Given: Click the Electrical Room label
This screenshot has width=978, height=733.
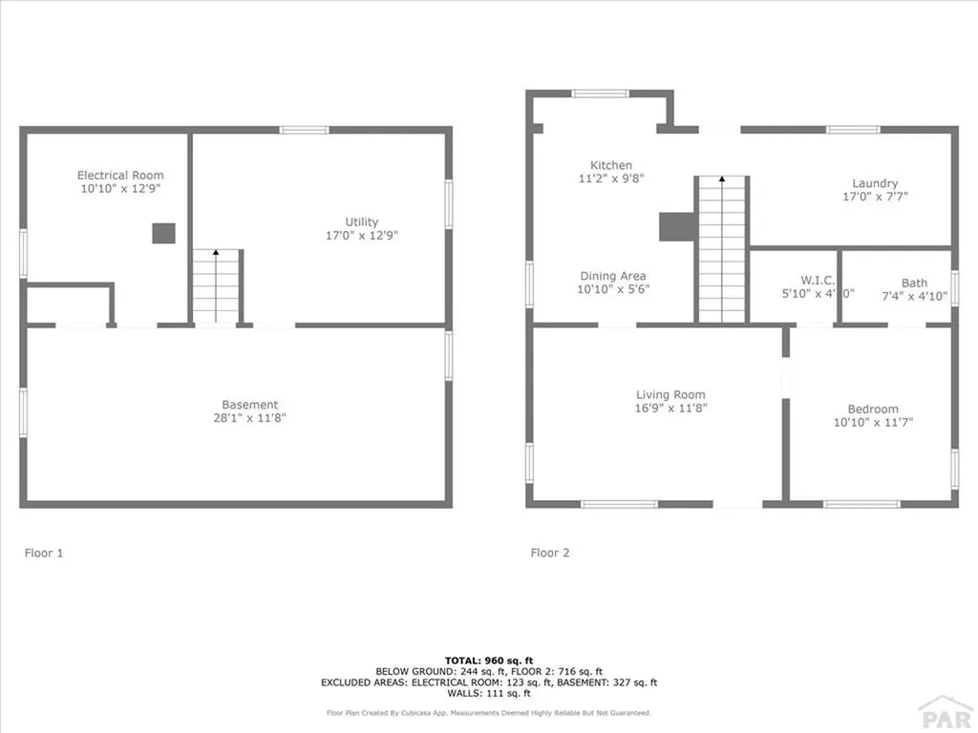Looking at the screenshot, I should tap(120, 176).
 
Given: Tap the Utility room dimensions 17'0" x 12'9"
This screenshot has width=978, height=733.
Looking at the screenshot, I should tap(362, 235).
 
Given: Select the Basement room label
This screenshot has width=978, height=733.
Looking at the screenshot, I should tap(250, 405).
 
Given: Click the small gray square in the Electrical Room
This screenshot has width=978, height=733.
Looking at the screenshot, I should tap(164, 234).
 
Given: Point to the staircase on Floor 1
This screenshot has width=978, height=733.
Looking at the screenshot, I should tap(216, 285).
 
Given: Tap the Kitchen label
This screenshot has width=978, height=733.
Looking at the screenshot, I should tap(611, 166).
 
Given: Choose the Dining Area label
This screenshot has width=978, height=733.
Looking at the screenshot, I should tap(611, 277).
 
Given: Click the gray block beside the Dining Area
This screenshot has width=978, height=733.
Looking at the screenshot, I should tap(676, 226).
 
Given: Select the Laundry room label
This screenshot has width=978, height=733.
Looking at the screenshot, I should tap(875, 184).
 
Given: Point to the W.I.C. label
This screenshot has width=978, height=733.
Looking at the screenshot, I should tap(818, 281).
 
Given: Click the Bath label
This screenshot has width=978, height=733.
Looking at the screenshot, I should tap(914, 283).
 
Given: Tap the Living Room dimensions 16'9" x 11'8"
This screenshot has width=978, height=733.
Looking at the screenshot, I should tap(671, 408).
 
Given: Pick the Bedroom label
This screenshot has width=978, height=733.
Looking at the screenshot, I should tap(873, 409).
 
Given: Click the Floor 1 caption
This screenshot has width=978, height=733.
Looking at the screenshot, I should tap(44, 553).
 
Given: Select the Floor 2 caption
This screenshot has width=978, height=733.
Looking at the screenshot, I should tap(550, 553).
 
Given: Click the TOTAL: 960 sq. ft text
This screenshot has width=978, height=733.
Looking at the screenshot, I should tap(488, 660).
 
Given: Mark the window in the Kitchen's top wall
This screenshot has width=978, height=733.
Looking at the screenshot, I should tap(601, 94).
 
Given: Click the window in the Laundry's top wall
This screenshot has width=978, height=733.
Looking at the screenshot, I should tap(853, 129).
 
